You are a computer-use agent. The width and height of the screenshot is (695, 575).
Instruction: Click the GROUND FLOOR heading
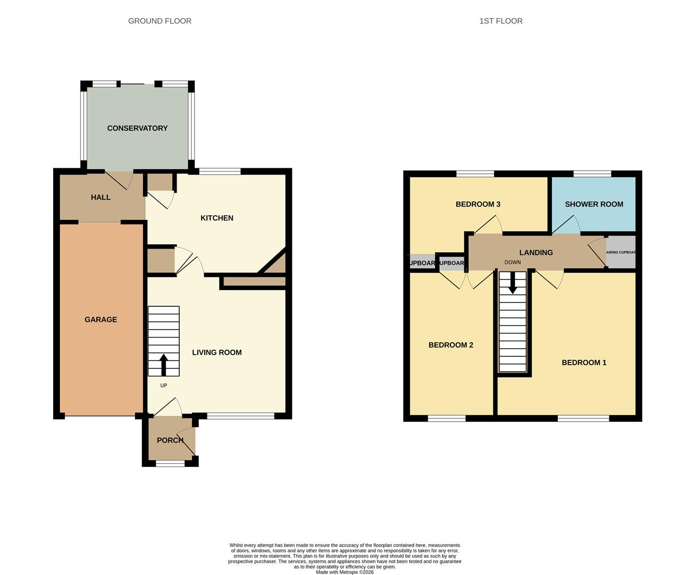[x=160, y=21]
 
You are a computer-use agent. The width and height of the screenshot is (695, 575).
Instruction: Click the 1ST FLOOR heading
[x=500, y=21]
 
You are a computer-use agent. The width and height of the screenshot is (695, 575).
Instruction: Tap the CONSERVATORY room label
[x=137, y=128]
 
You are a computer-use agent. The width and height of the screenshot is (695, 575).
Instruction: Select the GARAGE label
[x=101, y=319]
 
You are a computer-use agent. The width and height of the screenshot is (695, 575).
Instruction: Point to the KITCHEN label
[x=216, y=218]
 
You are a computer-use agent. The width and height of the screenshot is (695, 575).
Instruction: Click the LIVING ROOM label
[x=216, y=352]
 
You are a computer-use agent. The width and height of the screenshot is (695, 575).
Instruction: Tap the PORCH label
[x=170, y=440]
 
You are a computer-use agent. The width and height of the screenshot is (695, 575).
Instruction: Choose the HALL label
[x=101, y=198]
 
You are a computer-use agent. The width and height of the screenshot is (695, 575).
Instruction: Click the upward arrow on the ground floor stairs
[x=163, y=365]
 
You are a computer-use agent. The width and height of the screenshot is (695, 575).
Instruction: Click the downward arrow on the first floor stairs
[x=513, y=283]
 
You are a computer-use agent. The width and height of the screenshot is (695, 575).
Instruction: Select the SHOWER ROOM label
[x=593, y=204]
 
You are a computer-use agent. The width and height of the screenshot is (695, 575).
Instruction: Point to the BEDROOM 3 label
[x=478, y=204]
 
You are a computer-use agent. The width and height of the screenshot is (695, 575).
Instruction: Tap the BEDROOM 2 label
[x=450, y=345]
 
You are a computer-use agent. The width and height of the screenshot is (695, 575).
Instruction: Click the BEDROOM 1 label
[x=584, y=363]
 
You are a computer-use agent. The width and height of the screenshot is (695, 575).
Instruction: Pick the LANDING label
[x=535, y=253]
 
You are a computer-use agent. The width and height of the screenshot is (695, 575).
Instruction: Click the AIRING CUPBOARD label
[x=621, y=252]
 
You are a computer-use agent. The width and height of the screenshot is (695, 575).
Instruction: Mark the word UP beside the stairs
[x=163, y=385]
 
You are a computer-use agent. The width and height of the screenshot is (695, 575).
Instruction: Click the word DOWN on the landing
[x=513, y=262]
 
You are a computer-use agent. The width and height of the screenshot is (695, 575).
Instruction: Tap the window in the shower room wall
[x=592, y=174]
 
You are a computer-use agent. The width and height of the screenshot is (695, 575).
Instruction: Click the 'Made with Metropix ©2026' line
[x=345, y=572]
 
